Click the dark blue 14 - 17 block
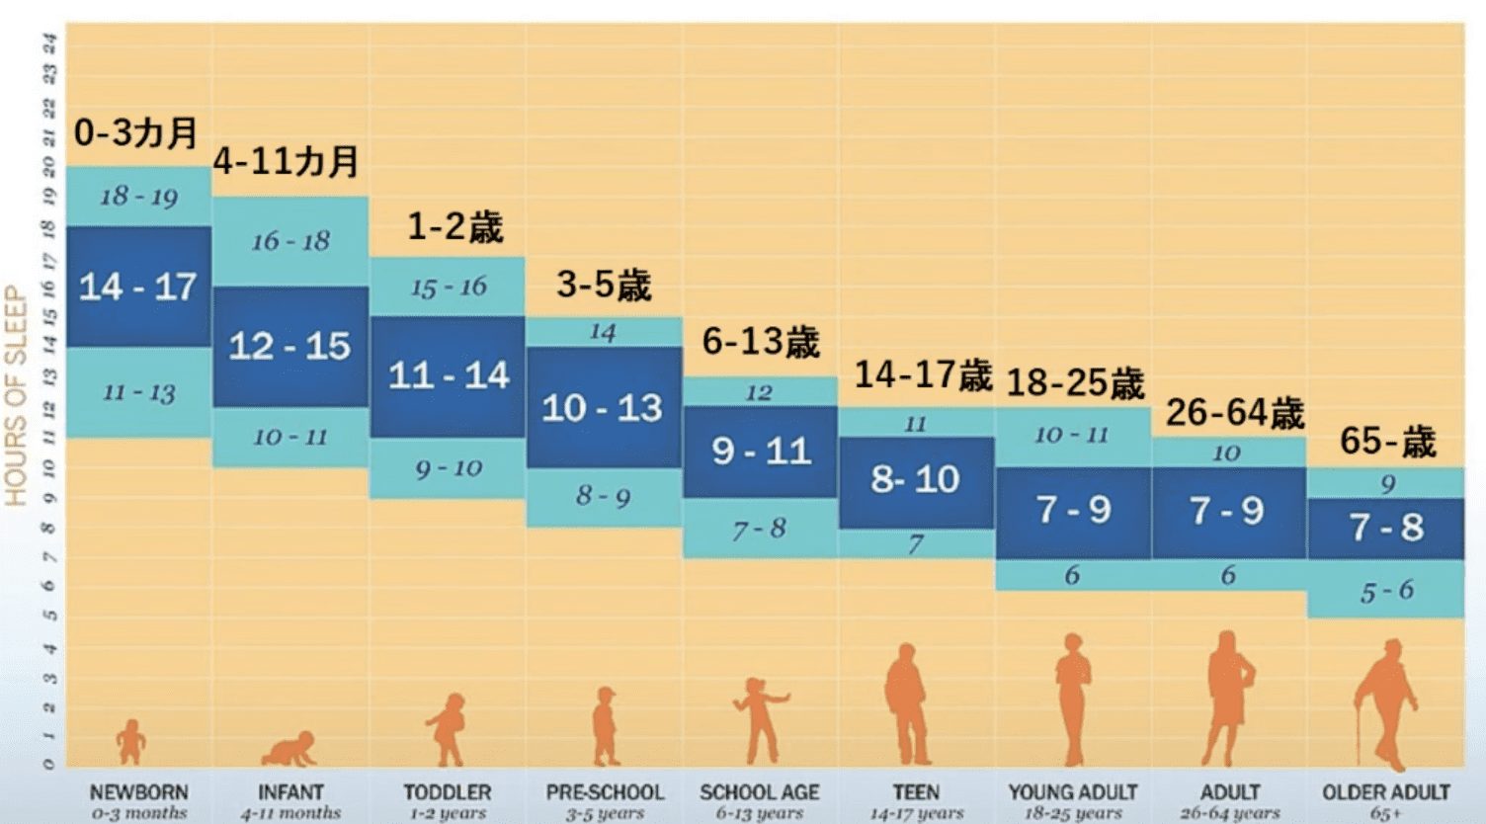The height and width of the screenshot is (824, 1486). pos(138,287)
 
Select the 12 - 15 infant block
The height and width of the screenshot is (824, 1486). pos(289,346)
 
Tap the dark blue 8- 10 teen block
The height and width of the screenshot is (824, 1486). pos(916,480)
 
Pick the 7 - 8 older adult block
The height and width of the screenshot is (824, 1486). pos(1386,528)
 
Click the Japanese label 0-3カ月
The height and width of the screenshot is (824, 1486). pos(136,132)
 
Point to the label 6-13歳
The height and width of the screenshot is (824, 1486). pos(761,342)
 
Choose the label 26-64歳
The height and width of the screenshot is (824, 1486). pos(1235,413)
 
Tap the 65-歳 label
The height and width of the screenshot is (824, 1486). pos(1387,441)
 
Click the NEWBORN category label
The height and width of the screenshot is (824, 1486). pos(138,792)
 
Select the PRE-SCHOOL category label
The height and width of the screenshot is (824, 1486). pos(605,792)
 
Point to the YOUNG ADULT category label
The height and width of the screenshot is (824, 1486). pos(1073,792)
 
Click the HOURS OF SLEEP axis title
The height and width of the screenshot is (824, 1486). pos(16,395)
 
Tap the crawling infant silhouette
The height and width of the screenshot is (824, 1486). pos(290,749)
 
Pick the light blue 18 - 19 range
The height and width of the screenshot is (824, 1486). pos(138,197)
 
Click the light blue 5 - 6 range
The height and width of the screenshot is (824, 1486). pos(1386,592)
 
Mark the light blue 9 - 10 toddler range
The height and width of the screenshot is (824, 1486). pos(448,468)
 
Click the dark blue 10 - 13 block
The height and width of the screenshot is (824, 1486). pos(603,407)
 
